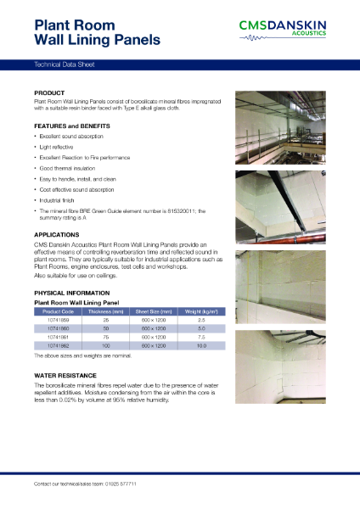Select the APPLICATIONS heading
(x=57, y=233)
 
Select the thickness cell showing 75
(x=107, y=335)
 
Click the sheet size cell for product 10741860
(x=155, y=327)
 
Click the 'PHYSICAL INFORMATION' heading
(x=72, y=293)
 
